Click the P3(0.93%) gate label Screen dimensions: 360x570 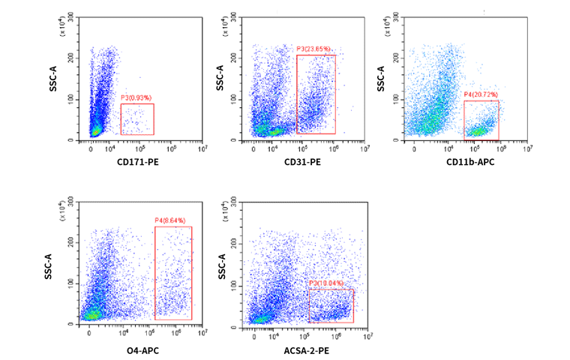pos(136,98)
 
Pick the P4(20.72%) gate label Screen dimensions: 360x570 pos(481,95)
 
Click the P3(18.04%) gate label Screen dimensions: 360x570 pos(326,283)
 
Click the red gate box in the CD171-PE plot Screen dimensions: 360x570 pos(137,119)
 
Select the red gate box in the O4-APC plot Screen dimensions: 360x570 pos(173,272)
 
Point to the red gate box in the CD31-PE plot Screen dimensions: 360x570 pos(316,94)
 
